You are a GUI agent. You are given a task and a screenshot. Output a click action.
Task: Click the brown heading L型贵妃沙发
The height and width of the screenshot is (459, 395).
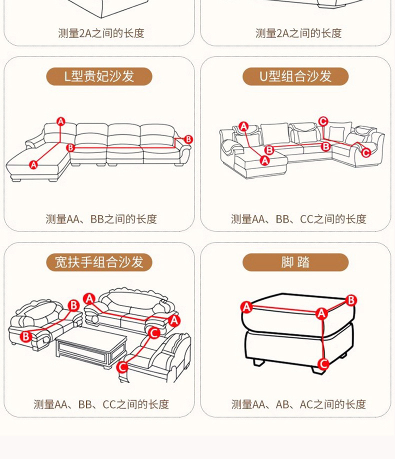[x=99, y=76]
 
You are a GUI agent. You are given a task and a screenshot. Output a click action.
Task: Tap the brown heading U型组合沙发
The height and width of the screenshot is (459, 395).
[x=295, y=76]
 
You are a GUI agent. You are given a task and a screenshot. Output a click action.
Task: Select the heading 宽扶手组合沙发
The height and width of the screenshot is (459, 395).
[x=99, y=262]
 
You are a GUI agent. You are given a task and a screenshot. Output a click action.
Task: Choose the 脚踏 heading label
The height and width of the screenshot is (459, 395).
[x=295, y=262]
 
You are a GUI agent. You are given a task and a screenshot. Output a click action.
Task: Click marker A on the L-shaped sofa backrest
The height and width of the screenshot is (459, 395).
[x=60, y=121]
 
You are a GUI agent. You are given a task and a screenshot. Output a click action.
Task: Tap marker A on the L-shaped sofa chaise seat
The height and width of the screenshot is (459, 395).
[x=33, y=164]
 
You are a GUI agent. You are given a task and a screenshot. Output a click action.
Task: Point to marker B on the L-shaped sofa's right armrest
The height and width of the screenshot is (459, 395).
[x=188, y=139]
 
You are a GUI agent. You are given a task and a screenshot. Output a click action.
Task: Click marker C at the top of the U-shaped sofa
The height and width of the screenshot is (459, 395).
[x=323, y=121]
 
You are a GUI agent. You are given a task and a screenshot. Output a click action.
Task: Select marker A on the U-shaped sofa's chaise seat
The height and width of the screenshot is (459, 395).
[x=264, y=160]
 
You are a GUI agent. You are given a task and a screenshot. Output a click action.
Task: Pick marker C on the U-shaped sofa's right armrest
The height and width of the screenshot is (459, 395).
[x=365, y=152]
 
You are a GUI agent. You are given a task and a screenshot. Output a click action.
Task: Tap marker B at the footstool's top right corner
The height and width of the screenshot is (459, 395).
[x=351, y=300]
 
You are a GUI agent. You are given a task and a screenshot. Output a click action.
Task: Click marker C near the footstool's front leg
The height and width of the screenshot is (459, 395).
[x=323, y=364]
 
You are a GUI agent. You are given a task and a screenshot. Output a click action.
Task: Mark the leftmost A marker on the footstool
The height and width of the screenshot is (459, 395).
[x=246, y=307]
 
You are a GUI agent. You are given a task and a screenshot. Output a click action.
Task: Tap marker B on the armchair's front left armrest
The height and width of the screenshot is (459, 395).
[x=26, y=336]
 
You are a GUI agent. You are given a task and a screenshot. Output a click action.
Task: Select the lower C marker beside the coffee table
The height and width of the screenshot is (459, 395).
[x=122, y=367]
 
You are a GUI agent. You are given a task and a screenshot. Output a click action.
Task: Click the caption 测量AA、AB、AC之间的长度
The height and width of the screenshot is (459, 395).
[x=298, y=404]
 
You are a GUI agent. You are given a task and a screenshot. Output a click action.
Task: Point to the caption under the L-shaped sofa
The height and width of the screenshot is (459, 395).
[x=101, y=219]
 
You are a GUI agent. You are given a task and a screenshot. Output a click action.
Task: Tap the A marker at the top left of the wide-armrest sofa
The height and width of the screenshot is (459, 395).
[x=89, y=299]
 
